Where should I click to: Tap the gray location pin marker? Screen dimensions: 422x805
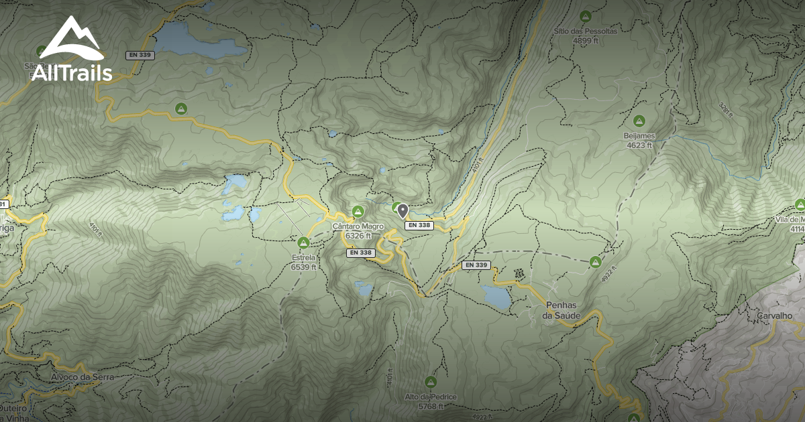[402, 212]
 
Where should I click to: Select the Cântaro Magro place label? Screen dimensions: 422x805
[358, 226]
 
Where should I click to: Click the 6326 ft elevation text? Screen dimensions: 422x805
[358, 236]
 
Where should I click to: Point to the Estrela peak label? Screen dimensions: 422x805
[303, 257]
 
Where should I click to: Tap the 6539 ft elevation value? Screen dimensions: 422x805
[303, 267]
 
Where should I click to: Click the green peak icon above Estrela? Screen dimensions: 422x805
[303, 242]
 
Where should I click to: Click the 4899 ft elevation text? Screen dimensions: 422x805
[585, 41]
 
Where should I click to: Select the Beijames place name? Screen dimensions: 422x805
[639, 136]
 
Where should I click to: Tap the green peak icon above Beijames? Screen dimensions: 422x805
[639, 121]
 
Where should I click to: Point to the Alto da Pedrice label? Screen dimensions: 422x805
[431, 397]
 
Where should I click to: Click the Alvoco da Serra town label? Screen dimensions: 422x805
[82, 377]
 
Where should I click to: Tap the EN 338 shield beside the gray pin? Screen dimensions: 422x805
[419, 226]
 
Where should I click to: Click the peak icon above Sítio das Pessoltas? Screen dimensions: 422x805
[585, 16]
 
